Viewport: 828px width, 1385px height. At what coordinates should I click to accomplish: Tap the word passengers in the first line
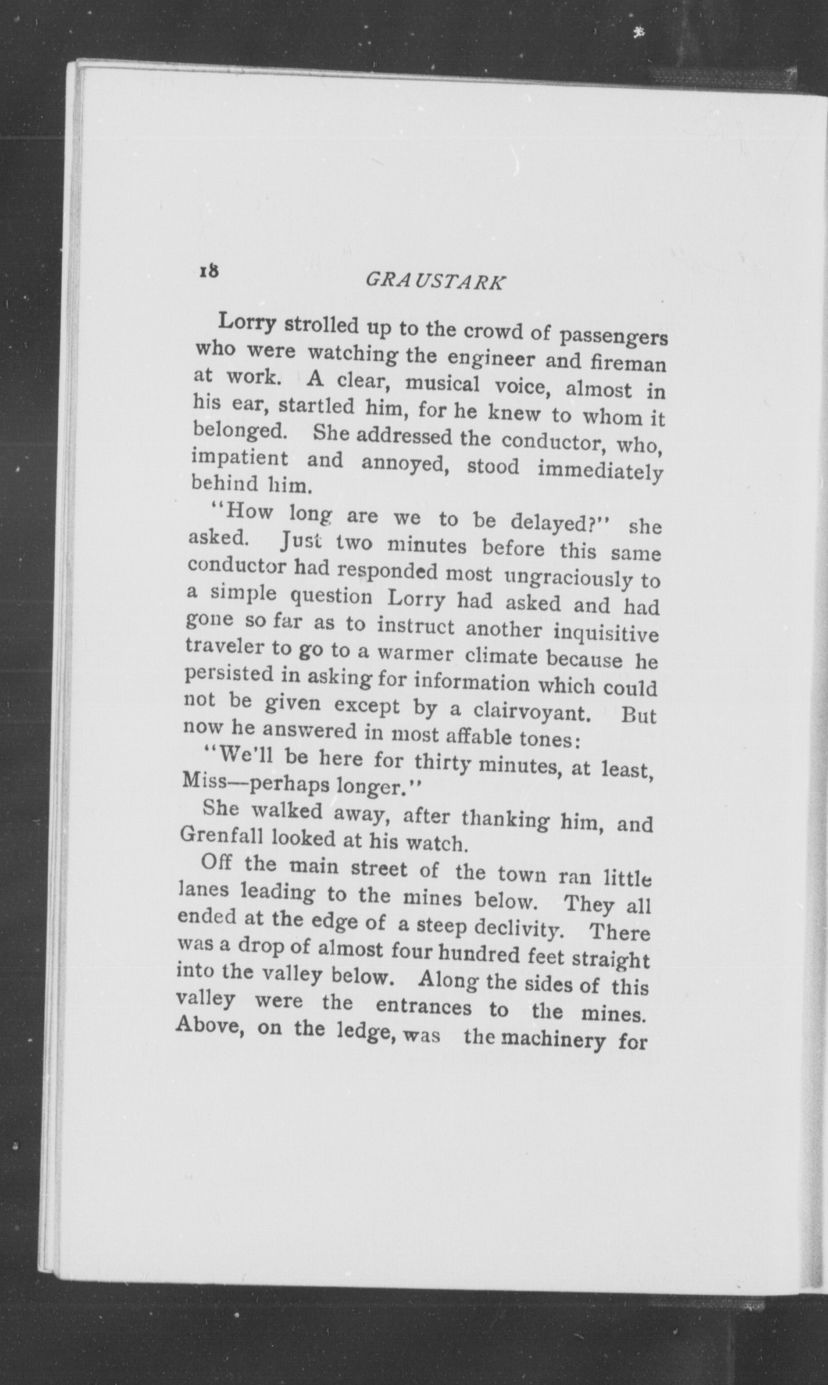[x=613, y=337]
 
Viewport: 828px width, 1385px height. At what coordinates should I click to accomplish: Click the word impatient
[x=240, y=459]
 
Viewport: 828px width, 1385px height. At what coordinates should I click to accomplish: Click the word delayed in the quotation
[x=558, y=523]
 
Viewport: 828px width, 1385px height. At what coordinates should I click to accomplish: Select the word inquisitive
[x=606, y=632]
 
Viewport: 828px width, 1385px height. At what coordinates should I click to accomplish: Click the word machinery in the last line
[x=552, y=1039]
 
